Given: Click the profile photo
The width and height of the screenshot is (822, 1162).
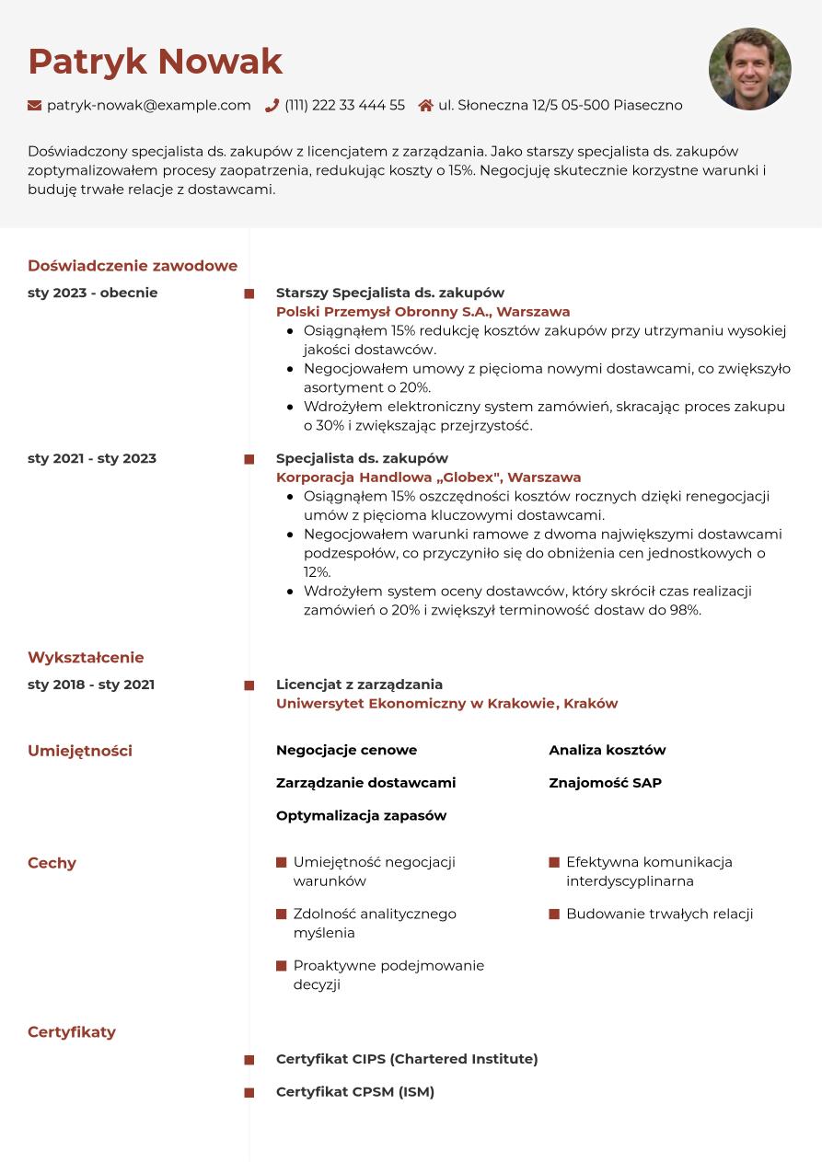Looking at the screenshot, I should pyautogui.click(x=749, y=69).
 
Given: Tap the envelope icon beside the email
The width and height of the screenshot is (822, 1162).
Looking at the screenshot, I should pyautogui.click(x=35, y=106).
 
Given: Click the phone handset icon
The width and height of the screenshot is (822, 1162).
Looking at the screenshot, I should pyautogui.click(x=272, y=106).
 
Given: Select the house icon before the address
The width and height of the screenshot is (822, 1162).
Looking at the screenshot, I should pyautogui.click(x=425, y=106).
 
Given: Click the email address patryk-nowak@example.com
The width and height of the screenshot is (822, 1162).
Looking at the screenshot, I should pyautogui.click(x=148, y=106).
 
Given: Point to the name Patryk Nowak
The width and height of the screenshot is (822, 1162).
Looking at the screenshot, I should pyautogui.click(x=155, y=62).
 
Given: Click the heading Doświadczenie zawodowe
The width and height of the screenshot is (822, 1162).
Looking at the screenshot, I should pyautogui.click(x=133, y=266).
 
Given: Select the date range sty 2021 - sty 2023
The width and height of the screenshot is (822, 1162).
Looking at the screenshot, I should pyautogui.click(x=92, y=458).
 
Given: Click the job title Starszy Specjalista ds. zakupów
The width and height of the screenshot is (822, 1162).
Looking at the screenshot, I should pyautogui.click(x=390, y=293).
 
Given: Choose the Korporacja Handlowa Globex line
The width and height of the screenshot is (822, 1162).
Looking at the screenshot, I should pyautogui.click(x=428, y=477).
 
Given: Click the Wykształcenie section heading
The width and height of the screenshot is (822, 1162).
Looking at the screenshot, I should pyautogui.click(x=86, y=658).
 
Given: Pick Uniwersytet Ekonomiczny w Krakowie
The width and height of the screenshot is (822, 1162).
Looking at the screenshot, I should pyautogui.click(x=446, y=704).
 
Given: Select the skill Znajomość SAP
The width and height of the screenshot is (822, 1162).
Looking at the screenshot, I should pyautogui.click(x=605, y=783).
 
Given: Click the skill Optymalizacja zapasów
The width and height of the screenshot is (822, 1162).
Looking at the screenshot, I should pyautogui.click(x=361, y=816).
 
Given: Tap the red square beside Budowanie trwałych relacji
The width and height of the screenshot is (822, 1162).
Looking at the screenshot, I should pyautogui.click(x=554, y=915).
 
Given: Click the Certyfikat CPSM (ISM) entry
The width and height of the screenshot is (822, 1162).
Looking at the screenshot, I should pyautogui.click(x=355, y=1092).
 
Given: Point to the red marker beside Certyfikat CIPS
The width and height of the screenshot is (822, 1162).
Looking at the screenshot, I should pyautogui.click(x=249, y=1060).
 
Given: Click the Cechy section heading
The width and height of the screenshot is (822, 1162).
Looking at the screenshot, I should pyautogui.click(x=52, y=863).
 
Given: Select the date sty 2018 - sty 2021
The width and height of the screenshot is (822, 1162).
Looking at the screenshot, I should pyautogui.click(x=91, y=685).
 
